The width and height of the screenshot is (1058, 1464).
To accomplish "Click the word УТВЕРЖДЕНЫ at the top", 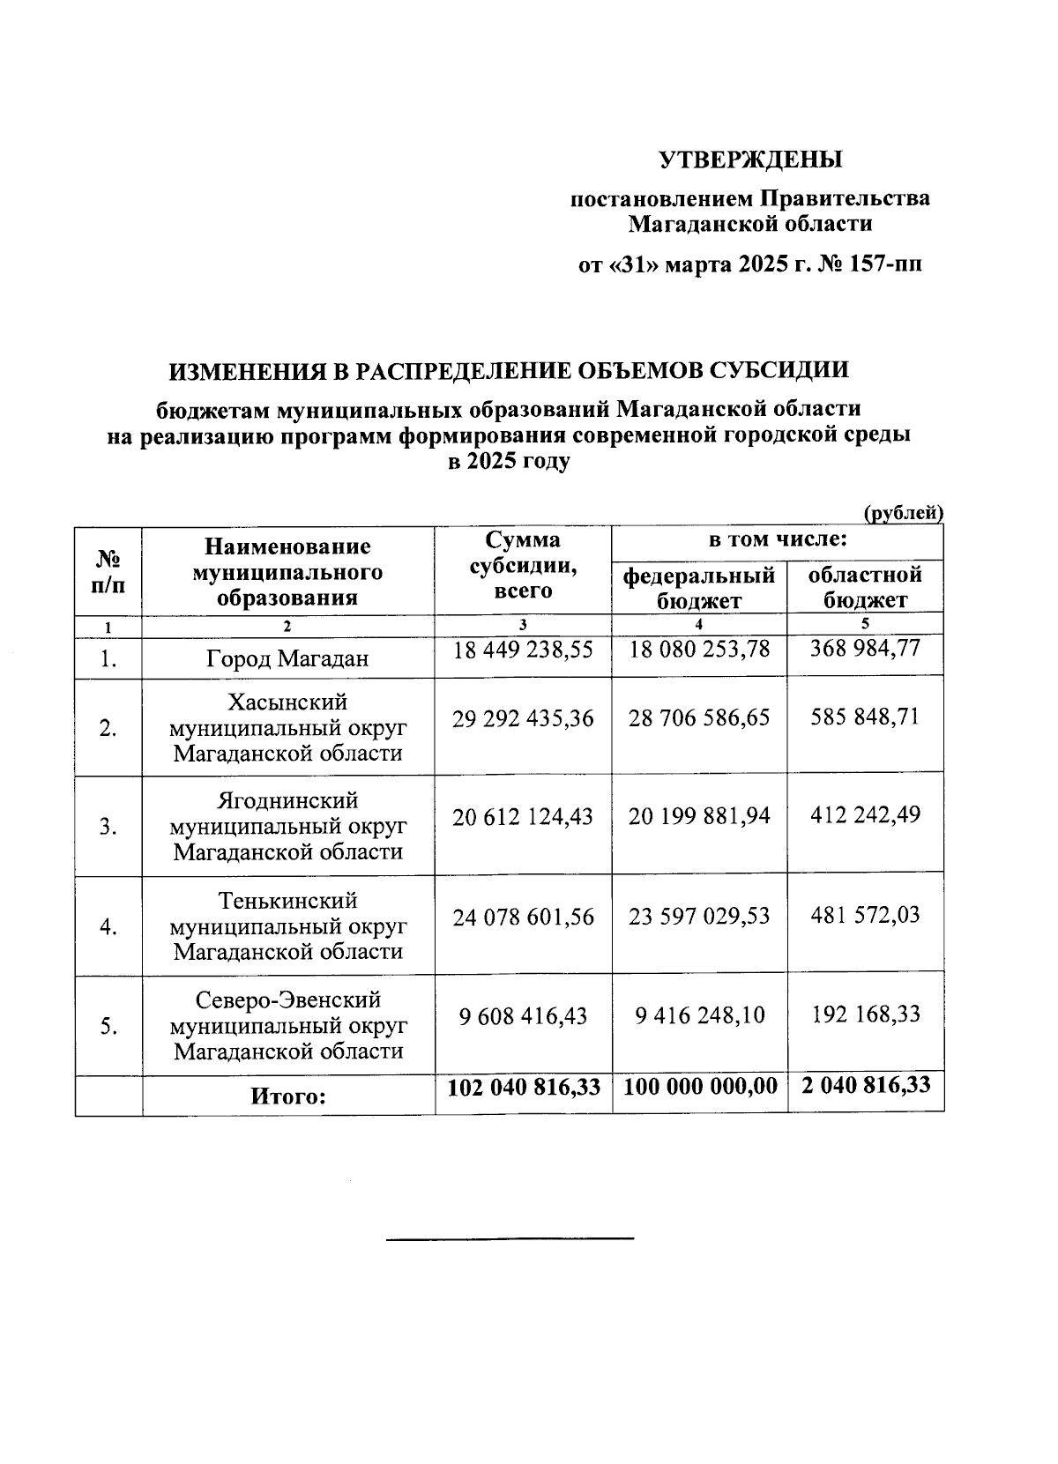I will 750,160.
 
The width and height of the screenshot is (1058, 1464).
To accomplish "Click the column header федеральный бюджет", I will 699,588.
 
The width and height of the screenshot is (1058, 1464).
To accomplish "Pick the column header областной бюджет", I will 865,588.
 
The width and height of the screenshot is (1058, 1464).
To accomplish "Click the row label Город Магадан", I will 287,658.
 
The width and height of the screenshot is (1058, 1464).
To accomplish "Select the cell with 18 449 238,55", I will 523,650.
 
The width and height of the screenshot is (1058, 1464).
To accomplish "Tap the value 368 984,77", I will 865,649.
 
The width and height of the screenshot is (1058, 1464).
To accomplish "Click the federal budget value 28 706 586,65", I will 699,717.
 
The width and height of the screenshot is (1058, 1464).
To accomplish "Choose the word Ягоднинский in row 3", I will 287,800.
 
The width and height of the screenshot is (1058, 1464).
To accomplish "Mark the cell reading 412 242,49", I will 865,814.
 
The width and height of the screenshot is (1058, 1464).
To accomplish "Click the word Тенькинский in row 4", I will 287,901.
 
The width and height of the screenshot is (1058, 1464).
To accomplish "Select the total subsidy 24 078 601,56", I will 523,917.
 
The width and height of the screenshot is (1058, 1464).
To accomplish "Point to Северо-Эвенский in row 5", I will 287,1000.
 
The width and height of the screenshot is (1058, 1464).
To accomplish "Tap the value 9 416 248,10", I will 699,1015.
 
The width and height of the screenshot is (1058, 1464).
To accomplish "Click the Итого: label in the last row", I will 287,1097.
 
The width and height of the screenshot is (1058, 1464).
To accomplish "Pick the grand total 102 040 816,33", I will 524,1087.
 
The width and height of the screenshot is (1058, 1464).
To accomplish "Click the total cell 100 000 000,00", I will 700,1087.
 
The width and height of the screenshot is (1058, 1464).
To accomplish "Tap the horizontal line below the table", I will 510,1239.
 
